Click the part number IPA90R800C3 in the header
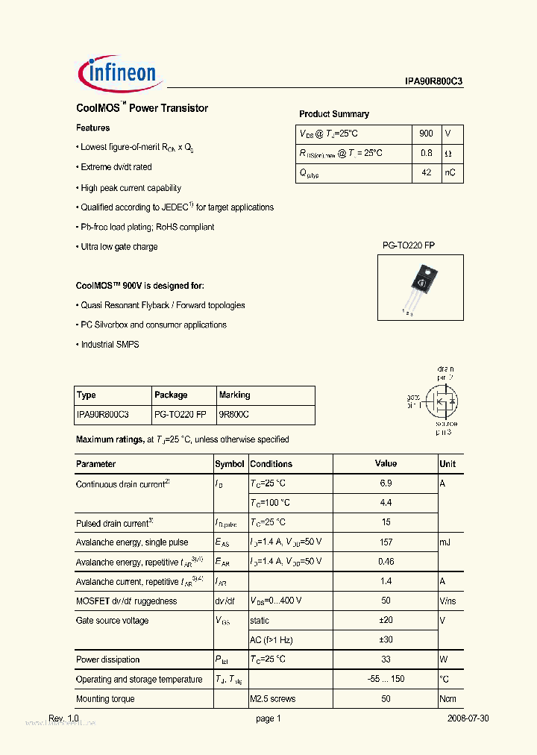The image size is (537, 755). [428, 83]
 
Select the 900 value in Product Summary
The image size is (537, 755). [426, 134]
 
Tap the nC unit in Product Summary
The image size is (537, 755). [450, 172]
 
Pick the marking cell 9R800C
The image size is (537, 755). [234, 414]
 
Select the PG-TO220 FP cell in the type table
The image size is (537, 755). [180, 414]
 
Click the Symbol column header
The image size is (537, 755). [230, 464]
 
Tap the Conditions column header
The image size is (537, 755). [271, 464]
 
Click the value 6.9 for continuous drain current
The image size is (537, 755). [386, 483]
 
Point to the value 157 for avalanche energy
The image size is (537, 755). [386, 542]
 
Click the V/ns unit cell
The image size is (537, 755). [448, 601]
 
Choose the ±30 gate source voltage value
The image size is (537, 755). [386, 640]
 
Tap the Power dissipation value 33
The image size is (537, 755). [386, 660]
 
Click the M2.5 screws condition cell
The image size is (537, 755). [273, 699]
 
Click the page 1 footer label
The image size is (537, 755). [268, 718]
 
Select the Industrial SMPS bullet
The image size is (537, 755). [109, 345]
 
